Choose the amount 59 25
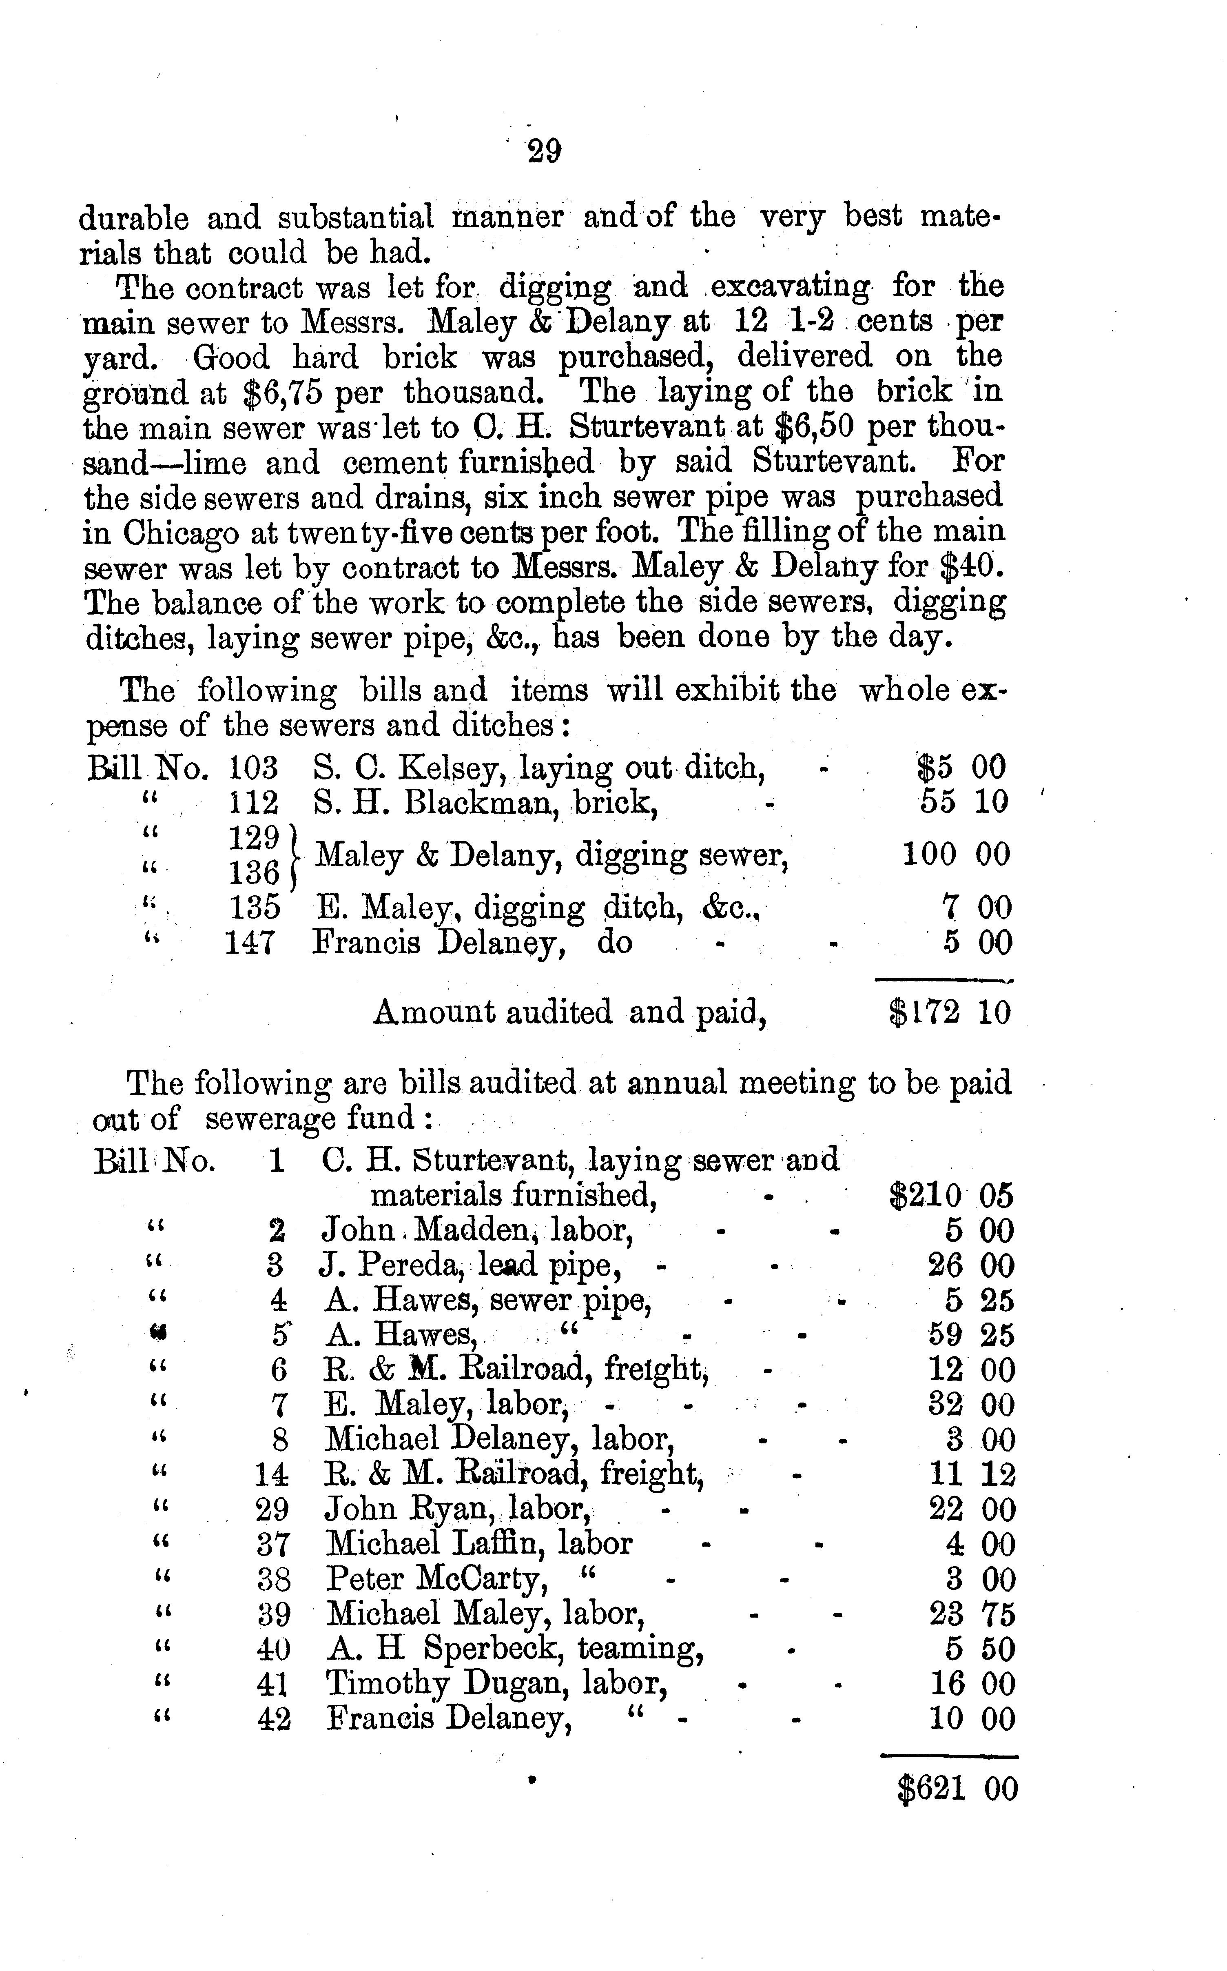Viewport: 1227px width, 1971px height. click(970, 1335)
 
